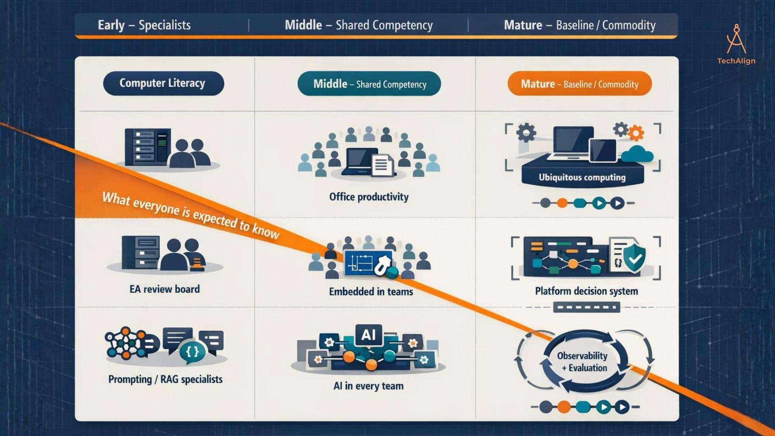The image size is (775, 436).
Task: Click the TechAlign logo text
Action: click(736, 61)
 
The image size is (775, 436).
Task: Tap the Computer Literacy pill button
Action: click(163, 83)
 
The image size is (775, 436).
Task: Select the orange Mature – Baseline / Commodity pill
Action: click(580, 84)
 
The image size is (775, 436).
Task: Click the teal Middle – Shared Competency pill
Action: click(369, 84)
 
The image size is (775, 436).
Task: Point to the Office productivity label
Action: click(369, 197)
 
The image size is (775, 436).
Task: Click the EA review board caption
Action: click(165, 289)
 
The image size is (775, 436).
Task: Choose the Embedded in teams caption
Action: click(371, 291)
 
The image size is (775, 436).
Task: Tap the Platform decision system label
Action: click(586, 291)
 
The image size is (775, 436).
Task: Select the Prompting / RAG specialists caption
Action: click(165, 379)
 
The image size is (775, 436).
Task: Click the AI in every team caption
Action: click(369, 386)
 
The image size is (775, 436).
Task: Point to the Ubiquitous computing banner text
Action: click(582, 177)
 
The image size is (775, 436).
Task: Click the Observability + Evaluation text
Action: click(582, 362)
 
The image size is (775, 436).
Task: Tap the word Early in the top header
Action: click(111, 25)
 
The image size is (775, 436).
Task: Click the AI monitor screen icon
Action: click(369, 335)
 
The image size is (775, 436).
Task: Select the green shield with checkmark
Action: click(635, 258)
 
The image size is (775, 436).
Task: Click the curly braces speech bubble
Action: click(192, 352)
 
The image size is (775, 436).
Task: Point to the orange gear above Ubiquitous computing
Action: click(636, 133)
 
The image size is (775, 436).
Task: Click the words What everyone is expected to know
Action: click(191, 215)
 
